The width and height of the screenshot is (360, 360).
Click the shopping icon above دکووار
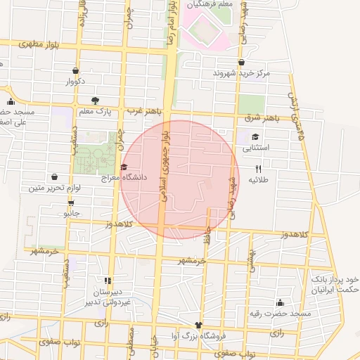pos(76,70)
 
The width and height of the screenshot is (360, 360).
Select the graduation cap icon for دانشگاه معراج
pos(124,167)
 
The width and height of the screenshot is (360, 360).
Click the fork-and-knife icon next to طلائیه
pos(259,169)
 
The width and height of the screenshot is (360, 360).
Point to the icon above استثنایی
pos(255,137)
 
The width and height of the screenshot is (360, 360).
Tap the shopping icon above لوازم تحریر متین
pos(55,176)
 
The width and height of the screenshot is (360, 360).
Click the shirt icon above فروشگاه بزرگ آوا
pos(198,326)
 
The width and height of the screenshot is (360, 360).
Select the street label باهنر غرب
pos(145,111)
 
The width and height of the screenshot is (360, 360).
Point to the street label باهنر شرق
pos(263,117)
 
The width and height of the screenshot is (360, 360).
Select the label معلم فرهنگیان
pos(209,6)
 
